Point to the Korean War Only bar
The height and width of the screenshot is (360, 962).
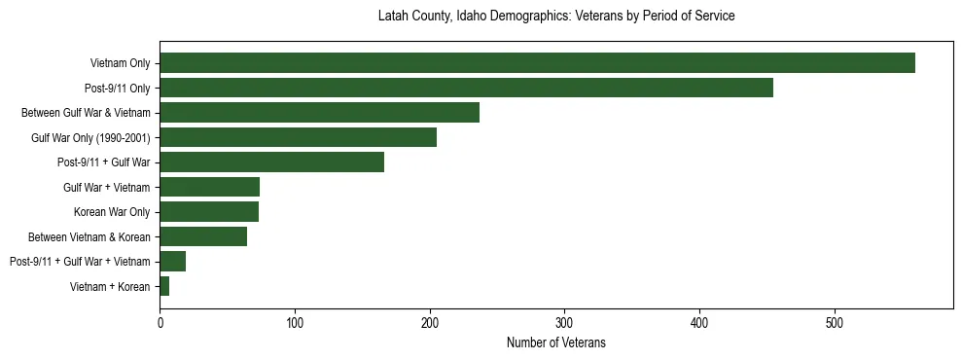(209, 212)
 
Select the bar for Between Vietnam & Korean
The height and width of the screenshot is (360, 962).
(203, 236)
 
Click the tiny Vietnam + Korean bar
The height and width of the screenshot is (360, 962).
(164, 286)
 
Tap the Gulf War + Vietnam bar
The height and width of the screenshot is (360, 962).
(209, 187)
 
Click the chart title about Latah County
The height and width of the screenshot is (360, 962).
(555, 17)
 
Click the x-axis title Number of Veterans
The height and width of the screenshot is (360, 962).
(555, 342)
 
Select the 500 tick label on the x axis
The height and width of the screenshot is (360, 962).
(834, 322)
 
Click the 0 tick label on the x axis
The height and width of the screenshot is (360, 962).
(160, 322)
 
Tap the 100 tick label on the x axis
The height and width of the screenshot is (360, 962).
(295, 322)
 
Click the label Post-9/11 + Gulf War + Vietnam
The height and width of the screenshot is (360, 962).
(80, 262)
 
